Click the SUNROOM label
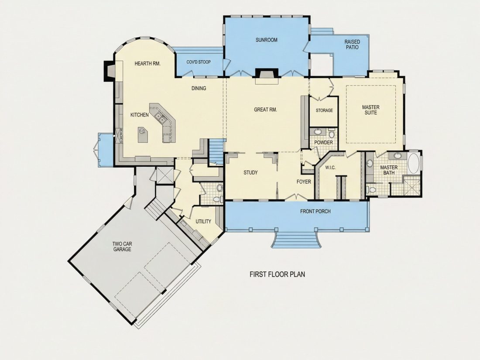coord(266,40)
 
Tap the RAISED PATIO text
coord(352,45)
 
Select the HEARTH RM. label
coord(147,64)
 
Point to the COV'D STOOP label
coord(199,62)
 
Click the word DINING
coord(199,89)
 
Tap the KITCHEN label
coord(140,115)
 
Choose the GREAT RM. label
coord(265,110)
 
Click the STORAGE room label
coord(324,110)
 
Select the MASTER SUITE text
coord(371,110)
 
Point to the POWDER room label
coord(324,143)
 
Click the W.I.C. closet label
coord(330,168)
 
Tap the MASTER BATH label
coord(389,170)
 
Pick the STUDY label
coord(250,173)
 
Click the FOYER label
coord(304,182)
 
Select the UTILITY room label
coord(203,221)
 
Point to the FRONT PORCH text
coord(315,211)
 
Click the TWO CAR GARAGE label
coord(122,247)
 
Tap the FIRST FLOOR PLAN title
coord(278,274)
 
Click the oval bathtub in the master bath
coord(414,164)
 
